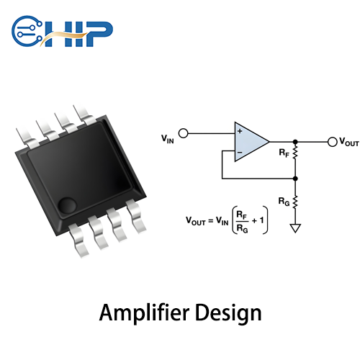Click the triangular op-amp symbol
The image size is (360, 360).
tap(249, 141)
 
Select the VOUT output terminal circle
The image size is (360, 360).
tap(332, 142)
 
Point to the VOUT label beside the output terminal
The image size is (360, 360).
tap(348, 143)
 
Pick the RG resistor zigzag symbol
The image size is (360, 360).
tap(296, 201)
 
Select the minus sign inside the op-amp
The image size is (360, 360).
tap(240, 151)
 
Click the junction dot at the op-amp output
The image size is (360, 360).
tap(296, 142)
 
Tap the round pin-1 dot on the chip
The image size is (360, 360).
tap(67, 204)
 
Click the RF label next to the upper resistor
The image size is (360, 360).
tap(284, 153)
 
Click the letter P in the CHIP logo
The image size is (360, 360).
tap(101, 31)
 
